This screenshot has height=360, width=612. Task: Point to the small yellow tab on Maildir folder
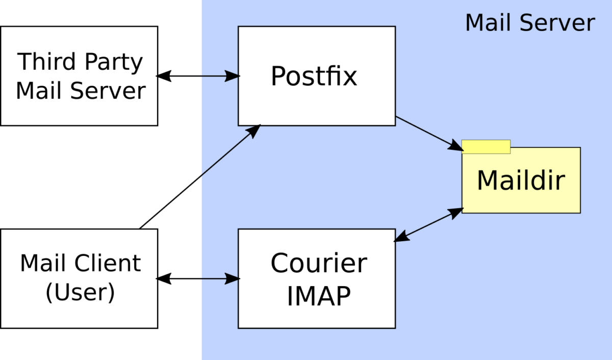tap(486, 146)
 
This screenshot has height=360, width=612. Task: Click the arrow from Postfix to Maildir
tap(426, 132)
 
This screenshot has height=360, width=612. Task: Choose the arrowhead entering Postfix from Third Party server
tap(233, 76)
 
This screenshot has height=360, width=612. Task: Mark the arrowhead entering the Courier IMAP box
tap(233, 279)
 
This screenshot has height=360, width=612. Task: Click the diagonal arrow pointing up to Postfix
tap(229, 151)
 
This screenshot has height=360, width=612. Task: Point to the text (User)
tap(80, 293)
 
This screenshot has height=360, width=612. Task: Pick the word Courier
tap(319, 264)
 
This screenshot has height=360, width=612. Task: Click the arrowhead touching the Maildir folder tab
tap(455, 146)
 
